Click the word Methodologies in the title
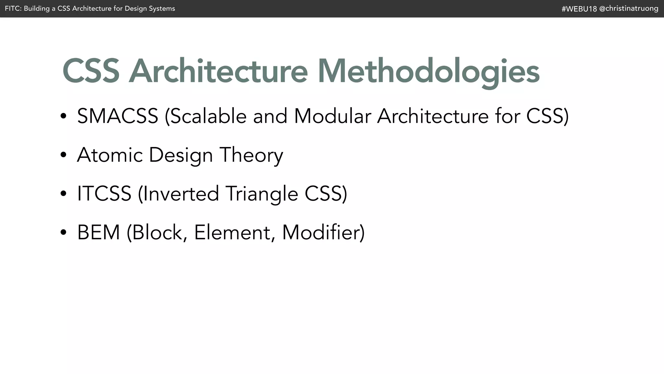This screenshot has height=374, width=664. (x=429, y=71)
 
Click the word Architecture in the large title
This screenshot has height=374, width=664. (x=218, y=71)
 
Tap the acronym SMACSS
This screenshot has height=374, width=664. (x=117, y=116)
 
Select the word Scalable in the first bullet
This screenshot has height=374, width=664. (x=208, y=116)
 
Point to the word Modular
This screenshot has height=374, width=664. (x=332, y=116)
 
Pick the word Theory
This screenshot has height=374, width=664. (x=251, y=155)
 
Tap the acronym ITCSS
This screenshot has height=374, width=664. (x=104, y=193)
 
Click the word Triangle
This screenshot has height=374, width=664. (x=262, y=194)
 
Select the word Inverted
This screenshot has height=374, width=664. (x=180, y=193)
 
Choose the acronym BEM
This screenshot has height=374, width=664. (x=99, y=232)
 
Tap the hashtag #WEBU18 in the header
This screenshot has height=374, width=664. (x=579, y=9)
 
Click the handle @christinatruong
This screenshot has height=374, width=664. (x=629, y=8)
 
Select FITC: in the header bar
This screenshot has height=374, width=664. (x=13, y=8)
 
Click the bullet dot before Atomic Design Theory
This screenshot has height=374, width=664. (x=63, y=155)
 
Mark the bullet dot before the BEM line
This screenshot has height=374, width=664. (x=63, y=232)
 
